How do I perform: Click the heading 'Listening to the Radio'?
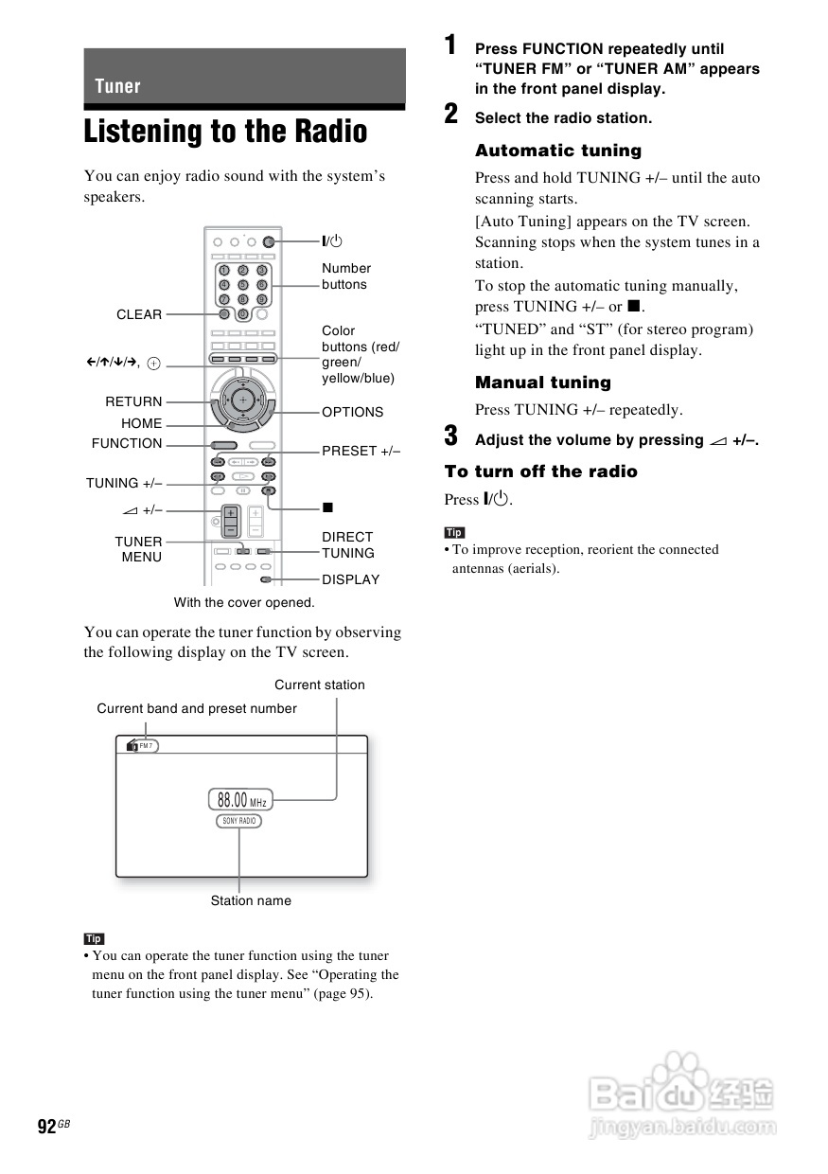225,132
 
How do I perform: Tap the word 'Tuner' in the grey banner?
117,86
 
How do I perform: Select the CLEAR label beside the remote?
139,314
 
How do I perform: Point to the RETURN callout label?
133,401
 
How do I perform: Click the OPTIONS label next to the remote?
352,412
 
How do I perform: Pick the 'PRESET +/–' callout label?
361,451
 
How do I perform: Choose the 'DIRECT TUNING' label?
347,544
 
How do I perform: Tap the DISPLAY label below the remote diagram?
350,579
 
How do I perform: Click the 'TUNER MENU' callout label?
139,549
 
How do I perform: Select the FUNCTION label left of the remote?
127,443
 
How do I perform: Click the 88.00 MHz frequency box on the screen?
240,800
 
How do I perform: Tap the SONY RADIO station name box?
238,821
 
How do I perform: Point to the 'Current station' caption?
319,685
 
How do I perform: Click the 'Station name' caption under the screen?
251,900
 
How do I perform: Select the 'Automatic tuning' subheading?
557,151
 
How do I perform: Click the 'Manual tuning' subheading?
542,382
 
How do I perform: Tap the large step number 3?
451,436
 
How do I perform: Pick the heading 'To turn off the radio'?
540,471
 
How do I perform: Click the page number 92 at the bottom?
46,1126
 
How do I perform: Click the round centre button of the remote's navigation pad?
243,400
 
